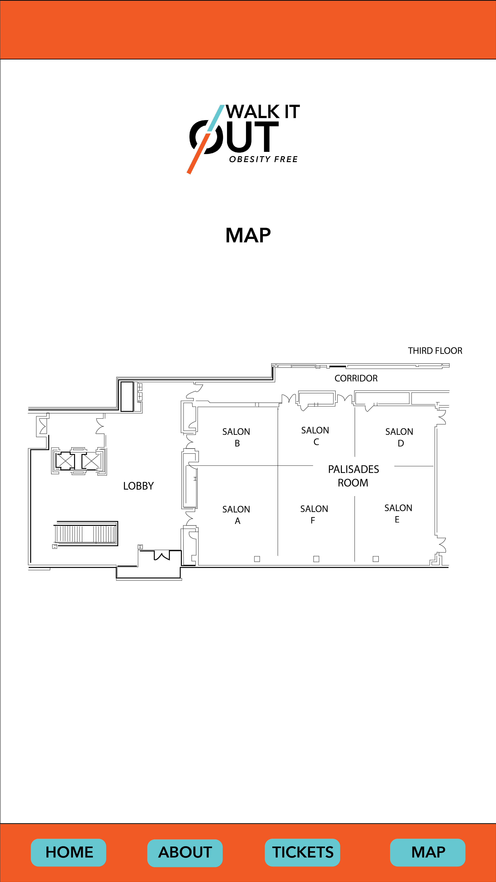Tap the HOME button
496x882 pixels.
tap(68, 852)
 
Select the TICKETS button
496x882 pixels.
tap(302, 852)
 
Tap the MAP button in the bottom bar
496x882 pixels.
tap(428, 852)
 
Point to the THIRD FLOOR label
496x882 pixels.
tap(435, 351)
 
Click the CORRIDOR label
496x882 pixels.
tap(356, 378)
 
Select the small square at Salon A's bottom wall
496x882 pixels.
tap(257, 559)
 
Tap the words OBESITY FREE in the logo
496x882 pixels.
tap(263, 159)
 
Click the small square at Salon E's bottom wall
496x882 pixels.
tap(375, 559)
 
